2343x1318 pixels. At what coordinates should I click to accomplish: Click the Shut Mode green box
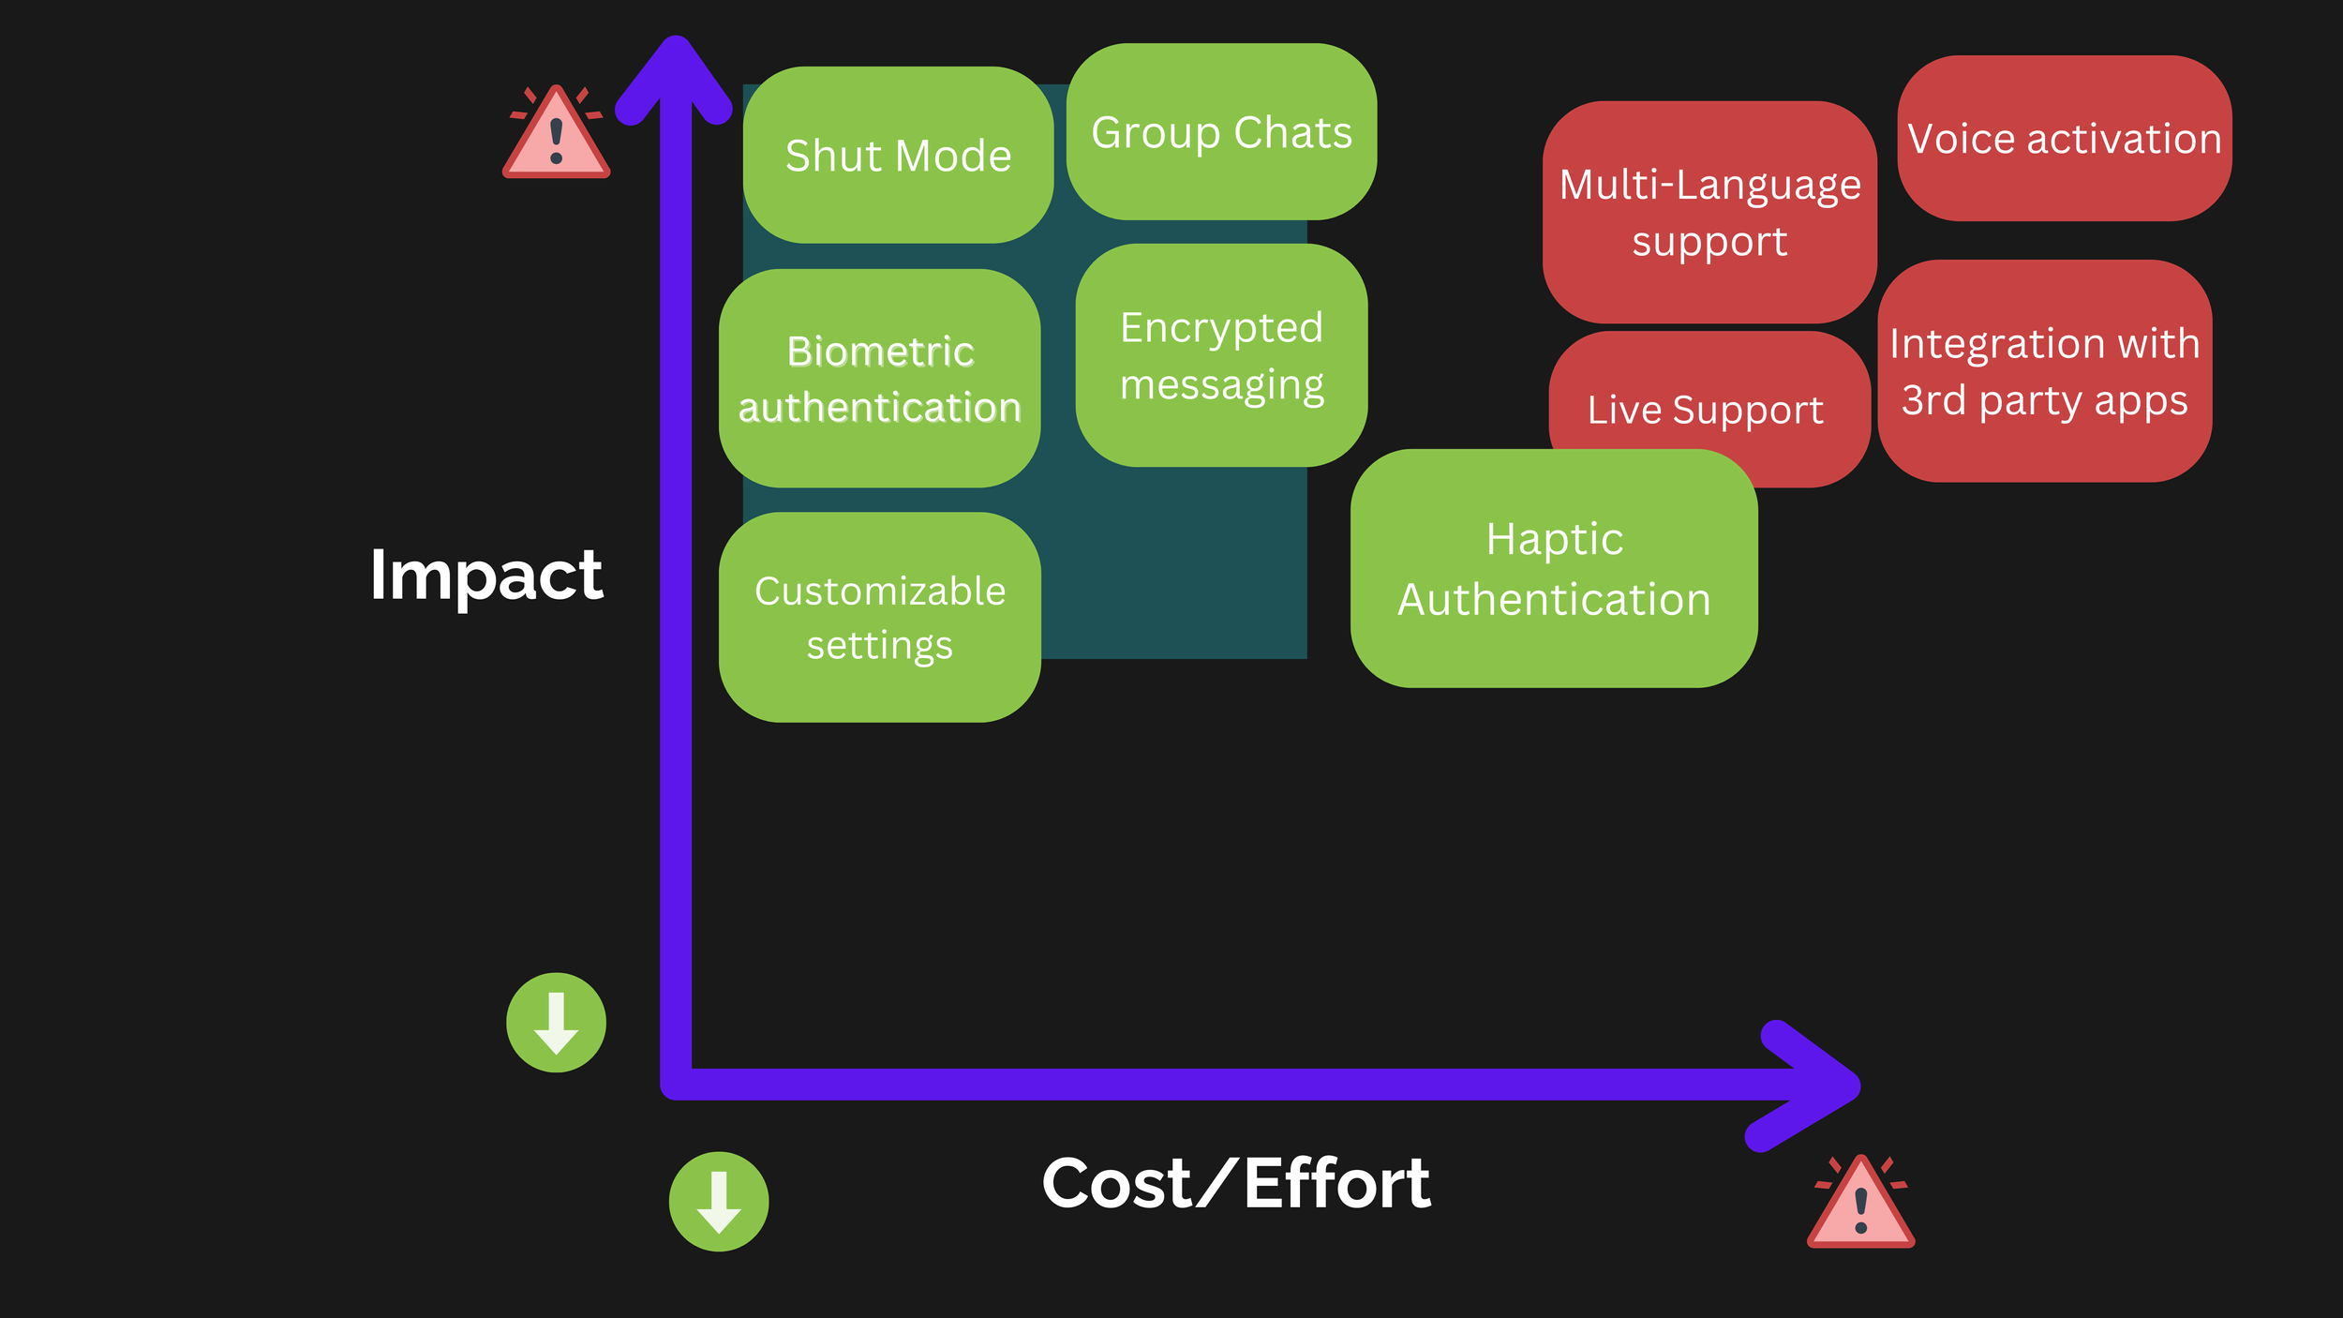(x=898, y=155)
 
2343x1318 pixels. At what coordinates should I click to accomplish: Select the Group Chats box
(x=1221, y=131)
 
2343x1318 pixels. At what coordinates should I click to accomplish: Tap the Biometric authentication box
(x=879, y=378)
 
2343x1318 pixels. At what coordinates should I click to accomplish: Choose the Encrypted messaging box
(x=1221, y=355)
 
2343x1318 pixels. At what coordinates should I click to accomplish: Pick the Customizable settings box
(x=879, y=617)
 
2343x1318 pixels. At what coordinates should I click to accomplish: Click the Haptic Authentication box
(x=1554, y=569)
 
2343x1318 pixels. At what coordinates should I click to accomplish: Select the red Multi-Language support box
(x=1709, y=212)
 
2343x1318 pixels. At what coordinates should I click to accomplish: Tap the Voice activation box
(x=2064, y=139)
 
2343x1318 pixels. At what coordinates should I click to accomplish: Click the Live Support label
(x=1705, y=410)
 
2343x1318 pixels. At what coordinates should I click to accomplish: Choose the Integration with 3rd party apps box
(x=2044, y=371)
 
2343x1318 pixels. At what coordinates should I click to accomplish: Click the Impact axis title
(x=485, y=574)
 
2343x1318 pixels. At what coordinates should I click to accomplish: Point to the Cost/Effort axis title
(x=1235, y=1183)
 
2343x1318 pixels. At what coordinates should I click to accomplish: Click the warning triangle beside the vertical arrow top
(x=557, y=136)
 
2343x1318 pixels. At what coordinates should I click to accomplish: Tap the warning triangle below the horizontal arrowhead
(x=1860, y=1205)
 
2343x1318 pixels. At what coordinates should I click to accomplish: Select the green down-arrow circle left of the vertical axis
(x=557, y=1023)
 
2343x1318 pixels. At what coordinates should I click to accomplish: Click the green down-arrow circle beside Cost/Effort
(x=719, y=1202)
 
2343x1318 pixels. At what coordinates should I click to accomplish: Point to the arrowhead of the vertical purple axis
(x=675, y=70)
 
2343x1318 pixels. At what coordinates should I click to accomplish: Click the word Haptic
(x=1554, y=539)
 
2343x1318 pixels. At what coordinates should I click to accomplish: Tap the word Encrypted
(x=1221, y=327)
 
